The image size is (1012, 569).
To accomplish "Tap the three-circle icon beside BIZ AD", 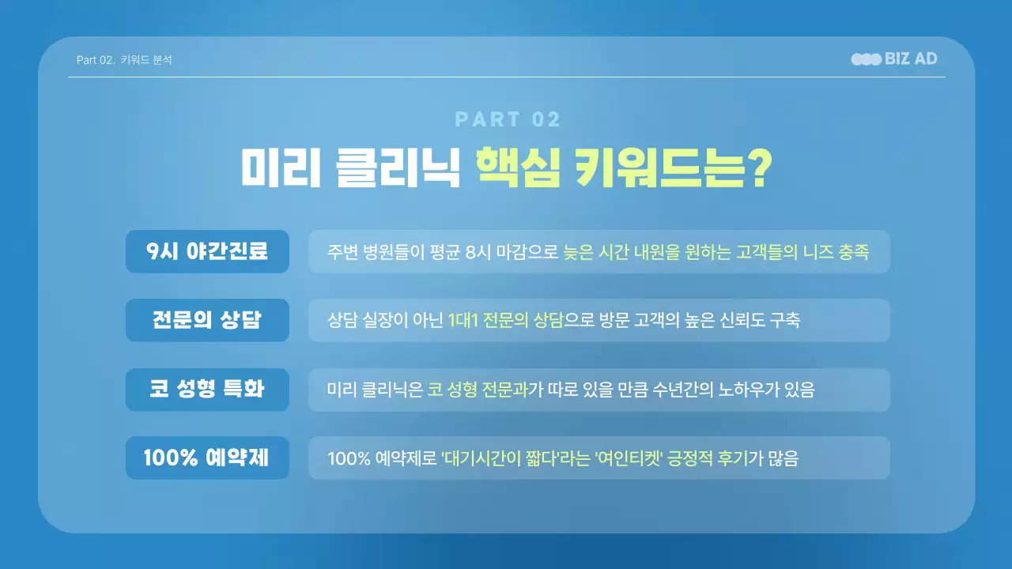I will click(867, 59).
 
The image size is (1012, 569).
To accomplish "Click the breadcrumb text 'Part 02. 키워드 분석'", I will click(124, 60).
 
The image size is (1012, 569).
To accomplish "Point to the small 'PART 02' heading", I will click(508, 120).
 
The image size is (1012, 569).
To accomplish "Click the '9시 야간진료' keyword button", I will click(207, 251).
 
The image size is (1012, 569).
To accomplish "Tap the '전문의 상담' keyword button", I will click(207, 320).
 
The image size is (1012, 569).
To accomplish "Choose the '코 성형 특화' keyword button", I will click(207, 389).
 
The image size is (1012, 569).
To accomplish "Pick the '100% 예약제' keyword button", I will click(207, 458).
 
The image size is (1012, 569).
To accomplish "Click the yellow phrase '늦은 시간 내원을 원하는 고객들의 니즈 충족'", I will click(716, 252).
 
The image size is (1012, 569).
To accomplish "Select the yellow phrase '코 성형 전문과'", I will click(478, 390).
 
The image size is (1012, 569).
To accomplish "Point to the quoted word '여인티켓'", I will click(627, 458).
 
